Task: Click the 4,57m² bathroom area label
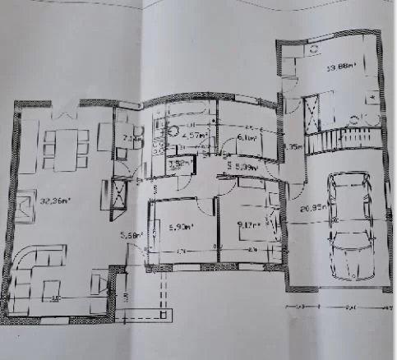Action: pyautogui.click(x=193, y=136)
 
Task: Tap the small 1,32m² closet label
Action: pyautogui.click(x=176, y=164)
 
